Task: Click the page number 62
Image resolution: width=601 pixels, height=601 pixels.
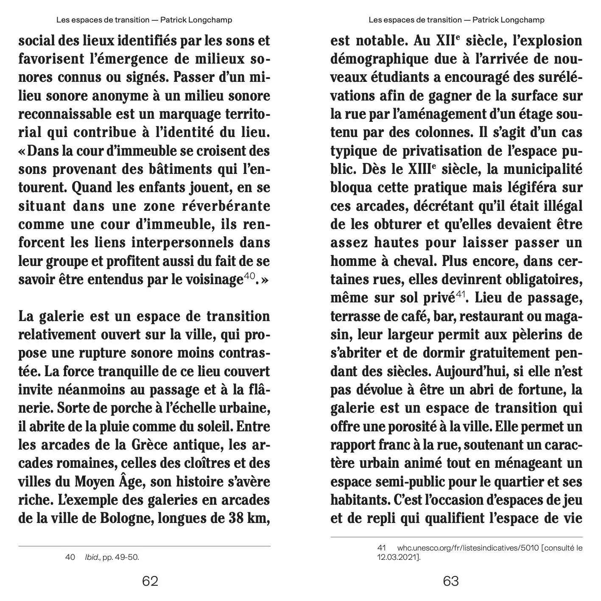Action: click(x=150, y=581)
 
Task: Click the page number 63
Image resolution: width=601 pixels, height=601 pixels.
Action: click(x=451, y=581)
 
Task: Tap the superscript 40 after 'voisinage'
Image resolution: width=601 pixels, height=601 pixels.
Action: click(x=249, y=276)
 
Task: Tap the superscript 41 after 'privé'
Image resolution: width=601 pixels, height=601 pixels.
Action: click(x=461, y=294)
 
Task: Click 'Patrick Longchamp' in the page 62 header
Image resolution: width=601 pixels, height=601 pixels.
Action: click(x=196, y=20)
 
